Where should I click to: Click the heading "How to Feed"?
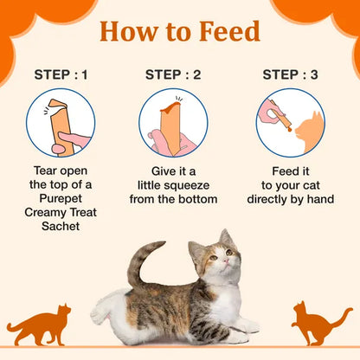[180, 32]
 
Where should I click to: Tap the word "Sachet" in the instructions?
[59, 227]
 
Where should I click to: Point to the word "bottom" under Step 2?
[196, 199]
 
